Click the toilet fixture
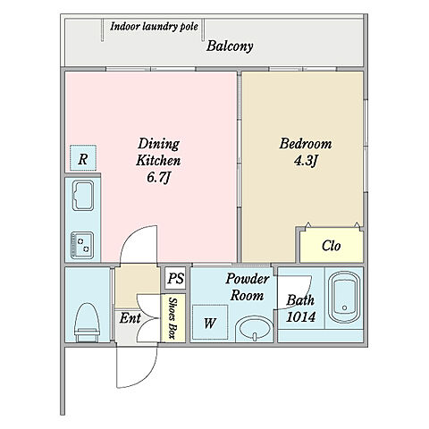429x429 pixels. coord(87,323)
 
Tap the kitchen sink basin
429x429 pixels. coord(83,196)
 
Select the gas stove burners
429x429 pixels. coord(82,245)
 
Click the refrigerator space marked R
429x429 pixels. coord(83,158)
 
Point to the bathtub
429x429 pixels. coord(344,298)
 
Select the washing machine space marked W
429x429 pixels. coord(210,323)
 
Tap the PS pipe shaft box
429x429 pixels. coord(175,278)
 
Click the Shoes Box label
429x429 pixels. coord(172,317)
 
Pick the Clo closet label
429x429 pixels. coord(332,246)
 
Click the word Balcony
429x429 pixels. coord(230,46)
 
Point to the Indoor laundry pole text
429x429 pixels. coord(154,27)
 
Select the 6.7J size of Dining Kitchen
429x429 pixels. coord(158,178)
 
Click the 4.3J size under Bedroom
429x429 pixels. coord(306,161)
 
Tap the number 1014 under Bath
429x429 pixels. coord(300,317)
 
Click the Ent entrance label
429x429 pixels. coord(130,318)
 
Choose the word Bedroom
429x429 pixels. coord(306,144)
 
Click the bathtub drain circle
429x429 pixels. coord(345,307)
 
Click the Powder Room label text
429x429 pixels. coord(247,287)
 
